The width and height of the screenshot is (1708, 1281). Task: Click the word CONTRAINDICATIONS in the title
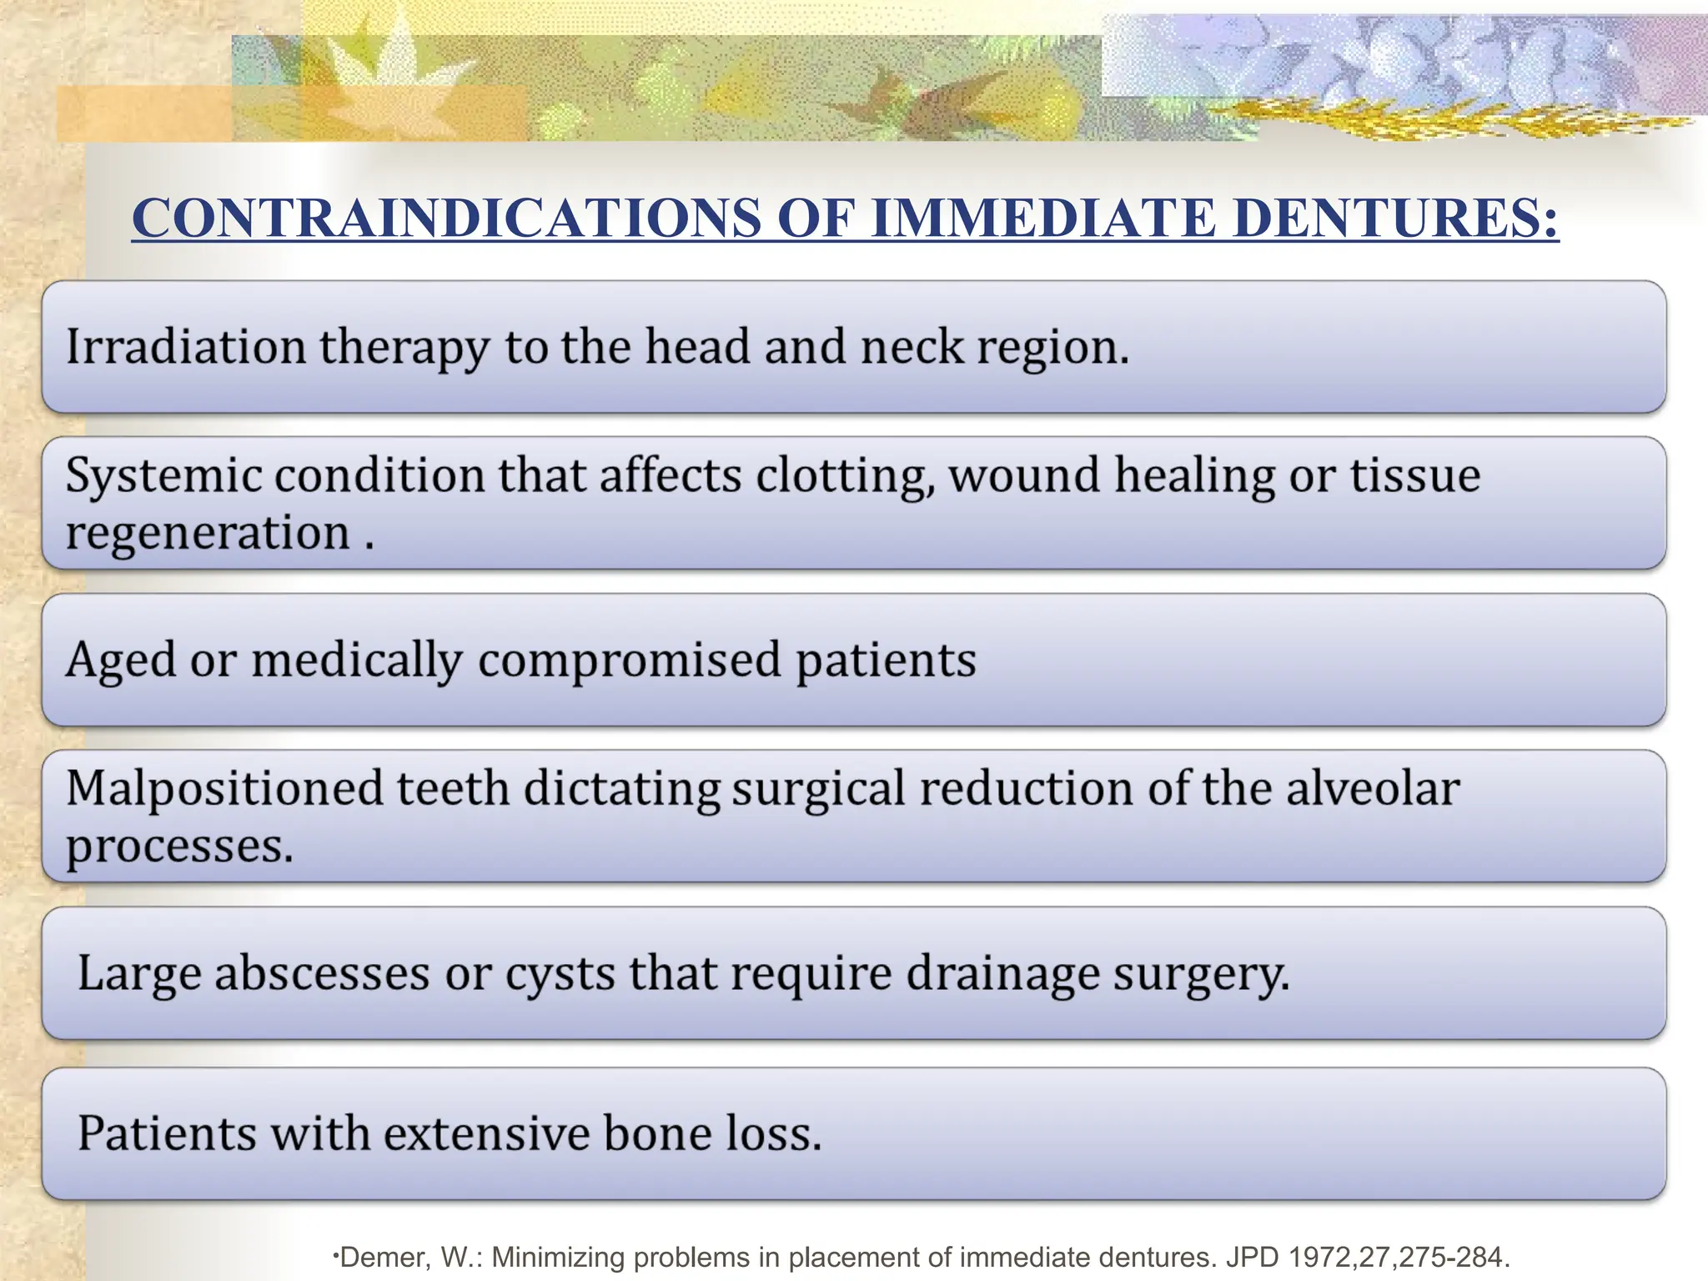[x=446, y=219]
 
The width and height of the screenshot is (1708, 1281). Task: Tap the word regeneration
[x=208, y=534]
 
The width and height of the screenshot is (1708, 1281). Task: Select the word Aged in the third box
[x=121, y=661]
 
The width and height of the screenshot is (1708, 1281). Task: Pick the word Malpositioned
[x=224, y=789]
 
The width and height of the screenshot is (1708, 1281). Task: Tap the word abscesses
[x=321, y=973]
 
